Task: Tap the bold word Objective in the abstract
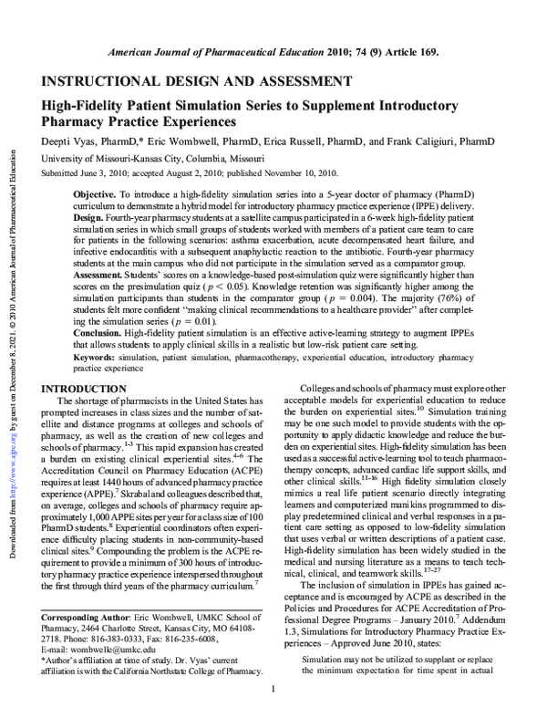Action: (94, 195)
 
